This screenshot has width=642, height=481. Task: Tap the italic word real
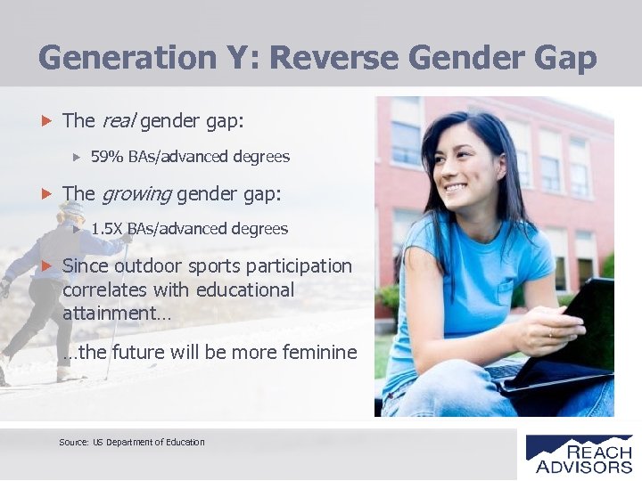pyautogui.click(x=118, y=120)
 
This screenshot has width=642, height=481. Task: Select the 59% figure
pyautogui.click(x=107, y=157)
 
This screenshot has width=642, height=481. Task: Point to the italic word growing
pyautogui.click(x=136, y=193)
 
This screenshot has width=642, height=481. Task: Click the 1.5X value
pyautogui.click(x=107, y=229)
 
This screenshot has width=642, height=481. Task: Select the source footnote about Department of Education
pyautogui.click(x=132, y=442)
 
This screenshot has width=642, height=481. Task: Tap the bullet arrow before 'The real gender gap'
pyautogui.click(x=48, y=120)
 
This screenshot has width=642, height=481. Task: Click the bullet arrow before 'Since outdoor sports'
pyautogui.click(x=48, y=266)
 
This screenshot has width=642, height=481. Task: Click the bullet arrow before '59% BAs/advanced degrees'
pyautogui.click(x=77, y=157)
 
